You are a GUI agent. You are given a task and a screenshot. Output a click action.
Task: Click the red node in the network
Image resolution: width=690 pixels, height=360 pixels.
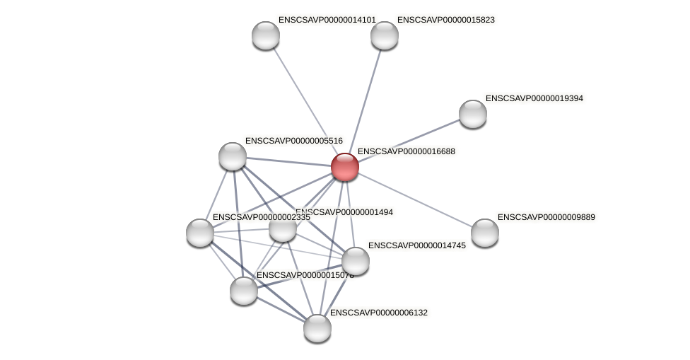tap(345, 167)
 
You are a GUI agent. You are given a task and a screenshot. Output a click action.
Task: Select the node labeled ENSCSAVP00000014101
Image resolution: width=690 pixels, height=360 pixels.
tap(266, 35)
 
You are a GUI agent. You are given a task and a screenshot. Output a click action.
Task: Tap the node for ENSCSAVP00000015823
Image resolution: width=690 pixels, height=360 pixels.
tap(385, 35)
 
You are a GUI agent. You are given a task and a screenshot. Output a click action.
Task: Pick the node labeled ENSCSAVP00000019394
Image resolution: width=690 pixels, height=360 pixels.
tap(473, 114)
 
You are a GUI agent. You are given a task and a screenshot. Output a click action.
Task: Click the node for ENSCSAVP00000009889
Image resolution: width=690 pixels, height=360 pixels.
tap(485, 233)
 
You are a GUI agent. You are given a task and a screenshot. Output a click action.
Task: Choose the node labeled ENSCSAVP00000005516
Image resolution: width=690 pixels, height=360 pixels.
tap(233, 156)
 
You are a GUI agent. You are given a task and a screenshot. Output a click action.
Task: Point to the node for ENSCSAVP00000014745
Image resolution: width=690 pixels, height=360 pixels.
tap(356, 261)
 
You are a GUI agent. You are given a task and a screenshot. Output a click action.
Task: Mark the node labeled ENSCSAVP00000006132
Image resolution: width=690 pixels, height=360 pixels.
tap(317, 327)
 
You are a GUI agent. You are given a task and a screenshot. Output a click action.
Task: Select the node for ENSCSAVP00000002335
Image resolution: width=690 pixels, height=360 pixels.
tap(200, 233)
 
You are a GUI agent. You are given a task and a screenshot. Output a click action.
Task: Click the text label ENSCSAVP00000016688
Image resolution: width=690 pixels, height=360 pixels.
tap(407, 151)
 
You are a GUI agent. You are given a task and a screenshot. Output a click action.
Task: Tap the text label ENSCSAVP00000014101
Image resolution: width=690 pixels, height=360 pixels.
tap(327, 20)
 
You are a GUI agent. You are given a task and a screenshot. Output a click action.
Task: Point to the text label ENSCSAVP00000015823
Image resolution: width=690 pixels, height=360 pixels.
tap(446, 20)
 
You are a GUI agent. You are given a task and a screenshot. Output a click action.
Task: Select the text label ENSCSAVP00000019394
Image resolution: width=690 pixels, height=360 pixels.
tap(534, 98)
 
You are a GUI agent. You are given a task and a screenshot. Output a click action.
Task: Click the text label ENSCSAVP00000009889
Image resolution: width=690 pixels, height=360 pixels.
tap(546, 217)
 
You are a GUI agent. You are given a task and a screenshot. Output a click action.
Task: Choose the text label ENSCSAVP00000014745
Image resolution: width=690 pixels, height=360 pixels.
tap(417, 245)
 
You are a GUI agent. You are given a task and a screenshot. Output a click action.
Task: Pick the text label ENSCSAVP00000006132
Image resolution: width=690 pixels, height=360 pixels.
tap(379, 313)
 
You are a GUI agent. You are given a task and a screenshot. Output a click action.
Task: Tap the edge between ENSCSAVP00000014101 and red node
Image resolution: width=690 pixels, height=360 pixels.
tap(305, 101)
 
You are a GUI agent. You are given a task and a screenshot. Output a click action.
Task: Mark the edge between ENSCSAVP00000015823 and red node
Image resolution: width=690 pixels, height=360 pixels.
tap(365, 101)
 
